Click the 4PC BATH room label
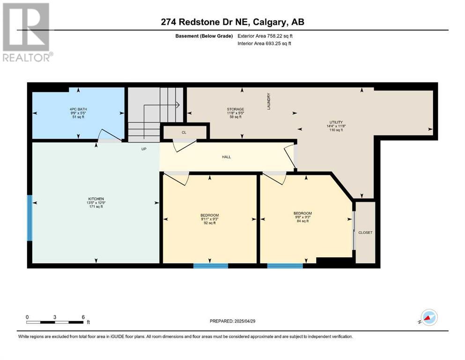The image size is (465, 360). click(x=78, y=109)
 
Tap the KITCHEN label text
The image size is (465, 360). click(x=96, y=199)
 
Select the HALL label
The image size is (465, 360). click(x=227, y=157)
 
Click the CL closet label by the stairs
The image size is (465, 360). click(x=184, y=132)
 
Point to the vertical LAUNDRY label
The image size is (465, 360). click(x=269, y=102)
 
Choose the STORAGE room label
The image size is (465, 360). click(x=236, y=109)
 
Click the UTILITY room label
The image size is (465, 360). click(x=336, y=122)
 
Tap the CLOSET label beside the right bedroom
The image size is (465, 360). click(x=365, y=232)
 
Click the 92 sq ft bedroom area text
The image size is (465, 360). click(x=210, y=223)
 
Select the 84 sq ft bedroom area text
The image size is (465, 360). click(x=303, y=221)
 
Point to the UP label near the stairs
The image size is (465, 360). click(x=144, y=149)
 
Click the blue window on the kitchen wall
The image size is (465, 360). click(x=30, y=218)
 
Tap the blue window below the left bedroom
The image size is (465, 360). click(x=211, y=266)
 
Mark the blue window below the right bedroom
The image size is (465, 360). click(x=285, y=266)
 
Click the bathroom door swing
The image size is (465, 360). click(x=111, y=135)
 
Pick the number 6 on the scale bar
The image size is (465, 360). click(x=83, y=317)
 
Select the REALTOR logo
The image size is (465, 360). click(x=27, y=32)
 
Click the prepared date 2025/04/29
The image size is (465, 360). click(x=244, y=321)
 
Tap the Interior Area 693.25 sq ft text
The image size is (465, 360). click(x=264, y=43)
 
